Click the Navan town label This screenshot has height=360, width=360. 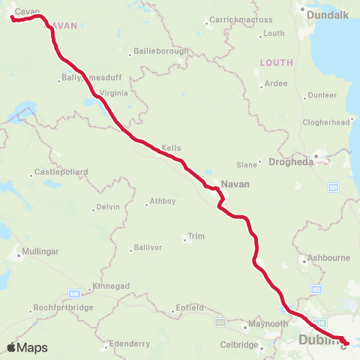(x=235, y=183)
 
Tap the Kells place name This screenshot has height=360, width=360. (x=171, y=148)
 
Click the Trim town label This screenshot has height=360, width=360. (x=196, y=236)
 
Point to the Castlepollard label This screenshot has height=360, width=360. (x=61, y=172)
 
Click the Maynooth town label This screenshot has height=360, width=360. (x=268, y=324)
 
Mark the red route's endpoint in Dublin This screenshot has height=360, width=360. (x=345, y=343)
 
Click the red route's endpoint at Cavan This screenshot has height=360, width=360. (x=13, y=19)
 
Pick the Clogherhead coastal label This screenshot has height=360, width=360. (x=326, y=121)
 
